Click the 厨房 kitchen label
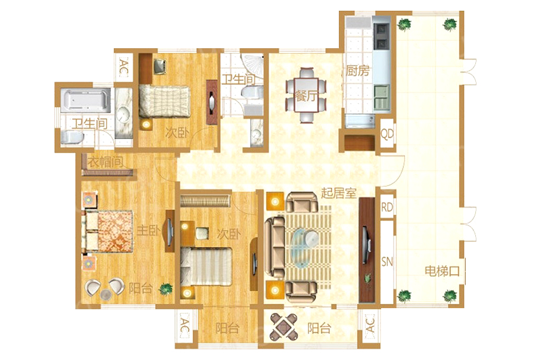click(357, 71)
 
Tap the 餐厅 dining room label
click(306, 95)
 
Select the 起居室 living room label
click(339, 193)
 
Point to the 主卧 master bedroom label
click(148, 231)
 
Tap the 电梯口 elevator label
click(442, 271)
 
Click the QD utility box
click(387, 134)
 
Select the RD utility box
click(387, 207)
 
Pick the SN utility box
click(387, 261)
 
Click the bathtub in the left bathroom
click(87, 100)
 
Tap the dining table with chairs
click(306, 94)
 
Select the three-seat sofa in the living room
click(275, 247)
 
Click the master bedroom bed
click(107, 232)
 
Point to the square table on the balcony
click(283, 327)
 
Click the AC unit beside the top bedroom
click(123, 67)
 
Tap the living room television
click(366, 244)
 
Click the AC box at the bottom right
click(369, 325)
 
